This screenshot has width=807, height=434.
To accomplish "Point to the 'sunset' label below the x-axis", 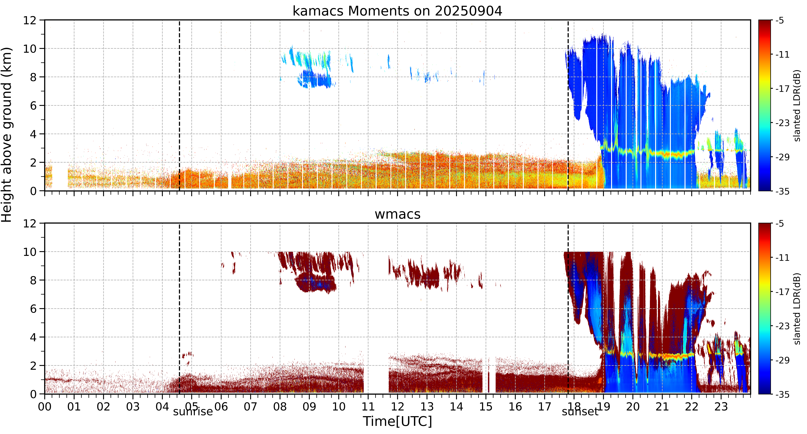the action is pos(580,411).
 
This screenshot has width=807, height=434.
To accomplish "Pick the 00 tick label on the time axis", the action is pos(45,406).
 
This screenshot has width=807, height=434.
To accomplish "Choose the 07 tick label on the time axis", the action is pos(251,406).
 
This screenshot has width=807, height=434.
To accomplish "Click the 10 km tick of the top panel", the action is pos(30,49).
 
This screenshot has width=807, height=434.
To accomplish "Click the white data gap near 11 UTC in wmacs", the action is pos(376,376).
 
